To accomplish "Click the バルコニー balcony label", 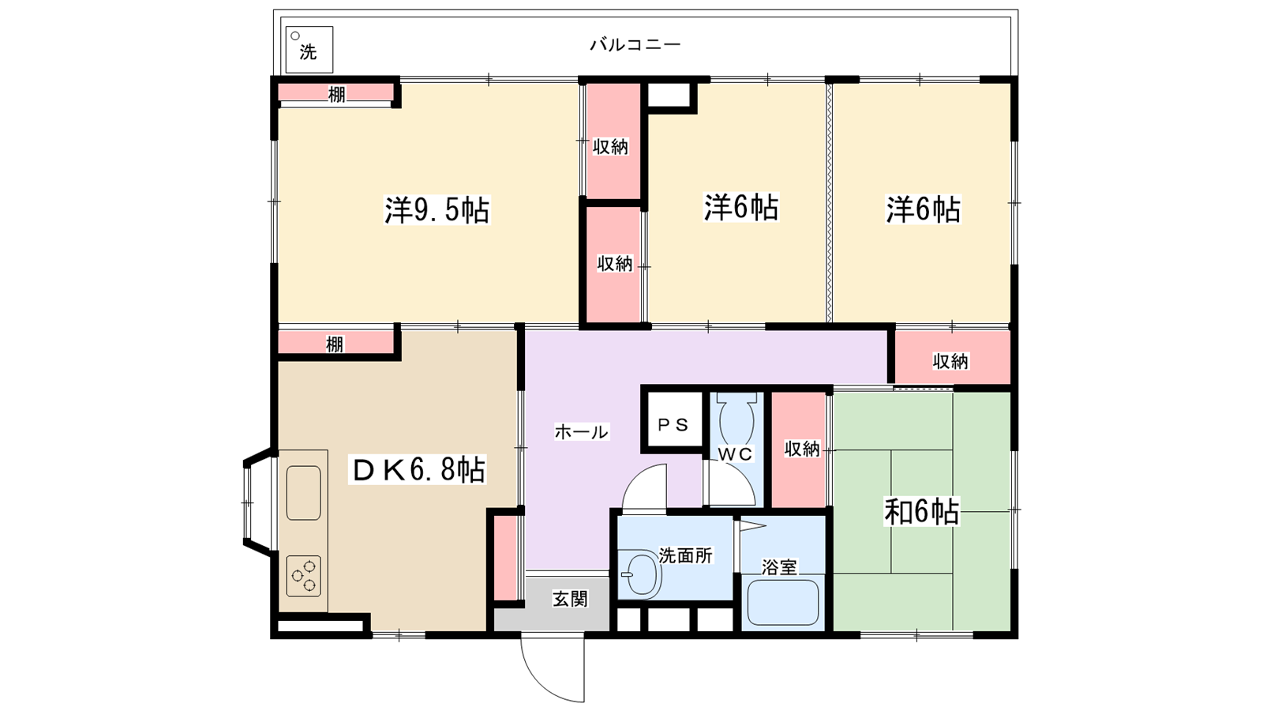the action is click(635, 44).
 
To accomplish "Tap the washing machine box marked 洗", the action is click(309, 50).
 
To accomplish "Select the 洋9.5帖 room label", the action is click(437, 210).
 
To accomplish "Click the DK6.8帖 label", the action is click(418, 469).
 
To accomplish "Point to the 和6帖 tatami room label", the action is click(921, 512).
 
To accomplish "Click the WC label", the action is click(736, 453).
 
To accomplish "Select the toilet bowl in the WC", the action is click(736, 421).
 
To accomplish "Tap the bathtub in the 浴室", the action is click(783, 603).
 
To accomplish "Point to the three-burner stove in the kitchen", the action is click(303, 576).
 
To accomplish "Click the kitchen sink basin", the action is click(303, 493).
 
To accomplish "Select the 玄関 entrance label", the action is click(570, 600).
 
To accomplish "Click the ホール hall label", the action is click(581, 432).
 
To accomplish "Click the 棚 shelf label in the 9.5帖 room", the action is click(336, 94).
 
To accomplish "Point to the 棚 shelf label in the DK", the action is click(335, 344).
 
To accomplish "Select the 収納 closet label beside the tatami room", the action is click(802, 450).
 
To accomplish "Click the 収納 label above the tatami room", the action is click(950, 361).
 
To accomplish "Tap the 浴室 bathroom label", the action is click(779, 567).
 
